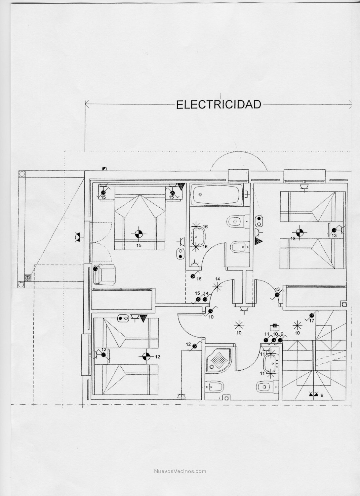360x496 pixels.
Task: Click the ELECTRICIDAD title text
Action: pos(219,104)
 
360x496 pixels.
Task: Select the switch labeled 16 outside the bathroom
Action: pos(193,275)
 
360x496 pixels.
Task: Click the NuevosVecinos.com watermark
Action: pos(180,472)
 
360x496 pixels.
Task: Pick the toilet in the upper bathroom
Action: pos(236,221)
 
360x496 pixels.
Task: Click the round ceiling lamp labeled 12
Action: pos(145,356)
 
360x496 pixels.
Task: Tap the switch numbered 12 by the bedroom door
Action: pos(195,346)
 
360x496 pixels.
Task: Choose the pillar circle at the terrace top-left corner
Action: pos(22,174)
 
